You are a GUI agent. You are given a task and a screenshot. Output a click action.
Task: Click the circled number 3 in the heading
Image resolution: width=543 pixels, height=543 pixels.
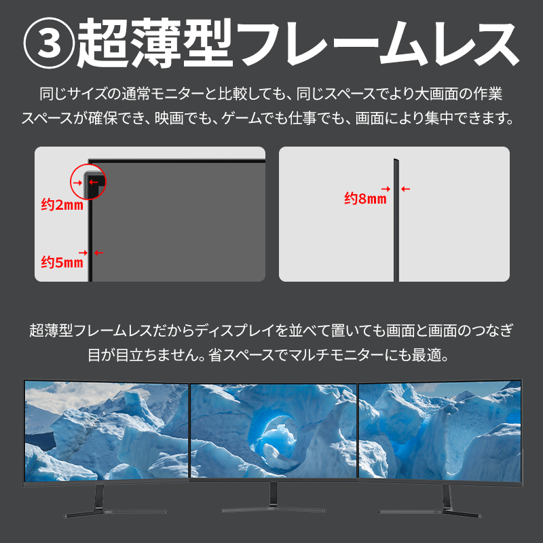49,43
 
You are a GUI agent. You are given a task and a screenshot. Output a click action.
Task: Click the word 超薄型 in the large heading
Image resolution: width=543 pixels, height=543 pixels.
155,43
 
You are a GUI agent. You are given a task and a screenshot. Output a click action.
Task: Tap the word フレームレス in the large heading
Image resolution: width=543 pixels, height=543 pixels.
379,43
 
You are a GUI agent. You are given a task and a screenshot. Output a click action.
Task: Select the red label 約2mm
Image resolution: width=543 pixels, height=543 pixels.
62,205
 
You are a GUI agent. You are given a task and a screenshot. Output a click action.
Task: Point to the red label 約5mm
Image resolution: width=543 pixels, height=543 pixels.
62,262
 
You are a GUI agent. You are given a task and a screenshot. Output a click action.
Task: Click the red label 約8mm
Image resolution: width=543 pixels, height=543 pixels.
365,199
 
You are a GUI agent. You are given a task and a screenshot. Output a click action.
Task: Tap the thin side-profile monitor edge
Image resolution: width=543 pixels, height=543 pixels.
396,220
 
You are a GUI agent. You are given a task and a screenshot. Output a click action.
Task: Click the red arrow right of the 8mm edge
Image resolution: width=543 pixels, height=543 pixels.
405,189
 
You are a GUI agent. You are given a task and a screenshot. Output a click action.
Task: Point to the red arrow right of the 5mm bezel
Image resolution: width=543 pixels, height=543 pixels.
98,252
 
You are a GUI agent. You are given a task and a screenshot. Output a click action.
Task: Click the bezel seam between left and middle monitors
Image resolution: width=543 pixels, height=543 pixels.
189,432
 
